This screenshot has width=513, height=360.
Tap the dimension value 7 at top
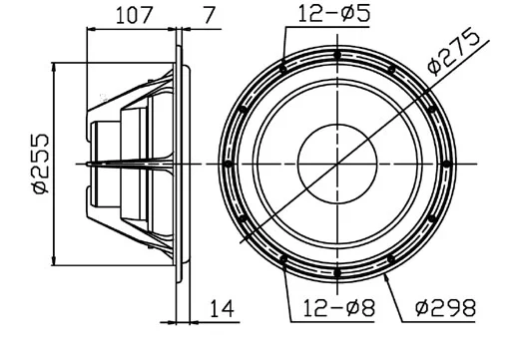coord(208,16)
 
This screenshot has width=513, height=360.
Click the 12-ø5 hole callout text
coord(325,14)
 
